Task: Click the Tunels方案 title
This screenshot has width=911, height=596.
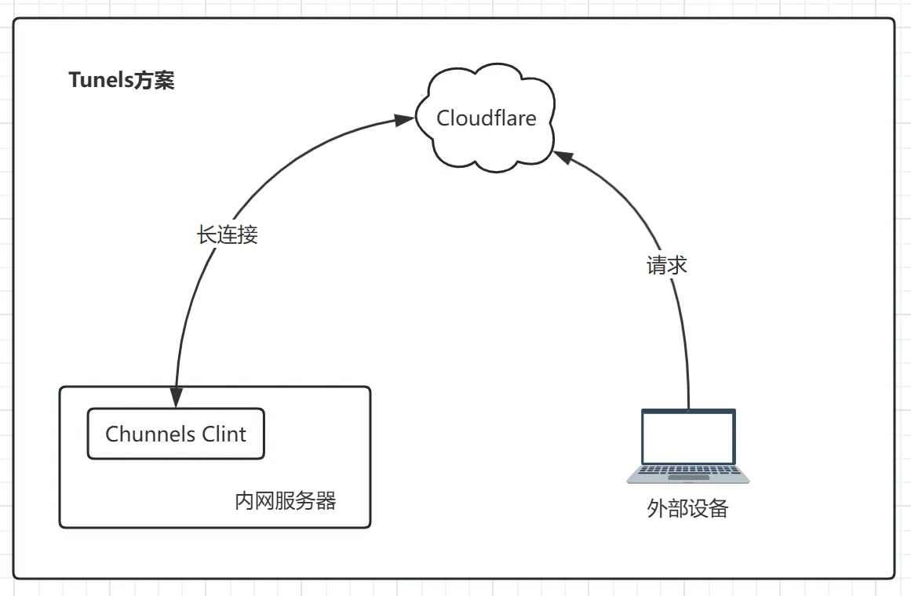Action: point(122,80)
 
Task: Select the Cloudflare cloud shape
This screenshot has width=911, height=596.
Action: point(486,149)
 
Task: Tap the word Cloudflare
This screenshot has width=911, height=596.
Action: point(486,118)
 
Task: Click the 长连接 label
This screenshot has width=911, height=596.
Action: point(227,235)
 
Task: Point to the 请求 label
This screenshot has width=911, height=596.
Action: point(667,266)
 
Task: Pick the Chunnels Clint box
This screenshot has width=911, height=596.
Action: point(176,434)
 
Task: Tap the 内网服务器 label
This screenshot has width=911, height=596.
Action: point(286,501)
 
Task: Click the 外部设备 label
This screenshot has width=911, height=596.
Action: point(688,509)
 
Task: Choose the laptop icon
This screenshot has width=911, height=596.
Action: point(688,445)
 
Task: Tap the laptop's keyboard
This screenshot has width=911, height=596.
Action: point(688,473)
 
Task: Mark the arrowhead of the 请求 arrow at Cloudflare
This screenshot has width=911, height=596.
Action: point(561,156)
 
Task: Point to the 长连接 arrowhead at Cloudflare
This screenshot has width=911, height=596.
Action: point(403,120)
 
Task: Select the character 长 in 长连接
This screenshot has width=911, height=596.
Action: point(206,235)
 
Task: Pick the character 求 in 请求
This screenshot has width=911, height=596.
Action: point(677,266)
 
